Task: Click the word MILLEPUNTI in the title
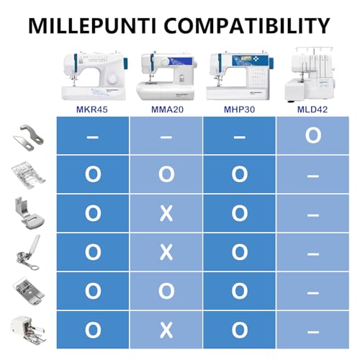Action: coord(92,25)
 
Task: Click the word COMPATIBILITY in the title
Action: coord(247,25)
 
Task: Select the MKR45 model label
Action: coord(92,109)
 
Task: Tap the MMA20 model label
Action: coord(167,109)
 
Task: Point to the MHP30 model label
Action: coord(239,109)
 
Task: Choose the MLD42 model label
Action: coord(312,109)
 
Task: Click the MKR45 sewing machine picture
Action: coord(95,76)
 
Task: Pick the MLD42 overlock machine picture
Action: coord(310,74)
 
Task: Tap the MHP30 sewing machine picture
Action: coord(240,76)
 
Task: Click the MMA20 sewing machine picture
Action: coord(167,76)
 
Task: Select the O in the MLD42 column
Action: coord(313,135)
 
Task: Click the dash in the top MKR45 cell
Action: coord(93,137)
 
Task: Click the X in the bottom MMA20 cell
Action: coord(166,330)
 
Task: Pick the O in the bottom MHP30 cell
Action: coord(240,330)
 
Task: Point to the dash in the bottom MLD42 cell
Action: coord(313,332)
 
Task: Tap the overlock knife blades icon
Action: coord(28,135)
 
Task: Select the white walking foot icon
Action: coord(28,330)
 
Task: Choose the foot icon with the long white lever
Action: coord(28,253)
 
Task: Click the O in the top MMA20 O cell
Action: coord(166,174)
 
